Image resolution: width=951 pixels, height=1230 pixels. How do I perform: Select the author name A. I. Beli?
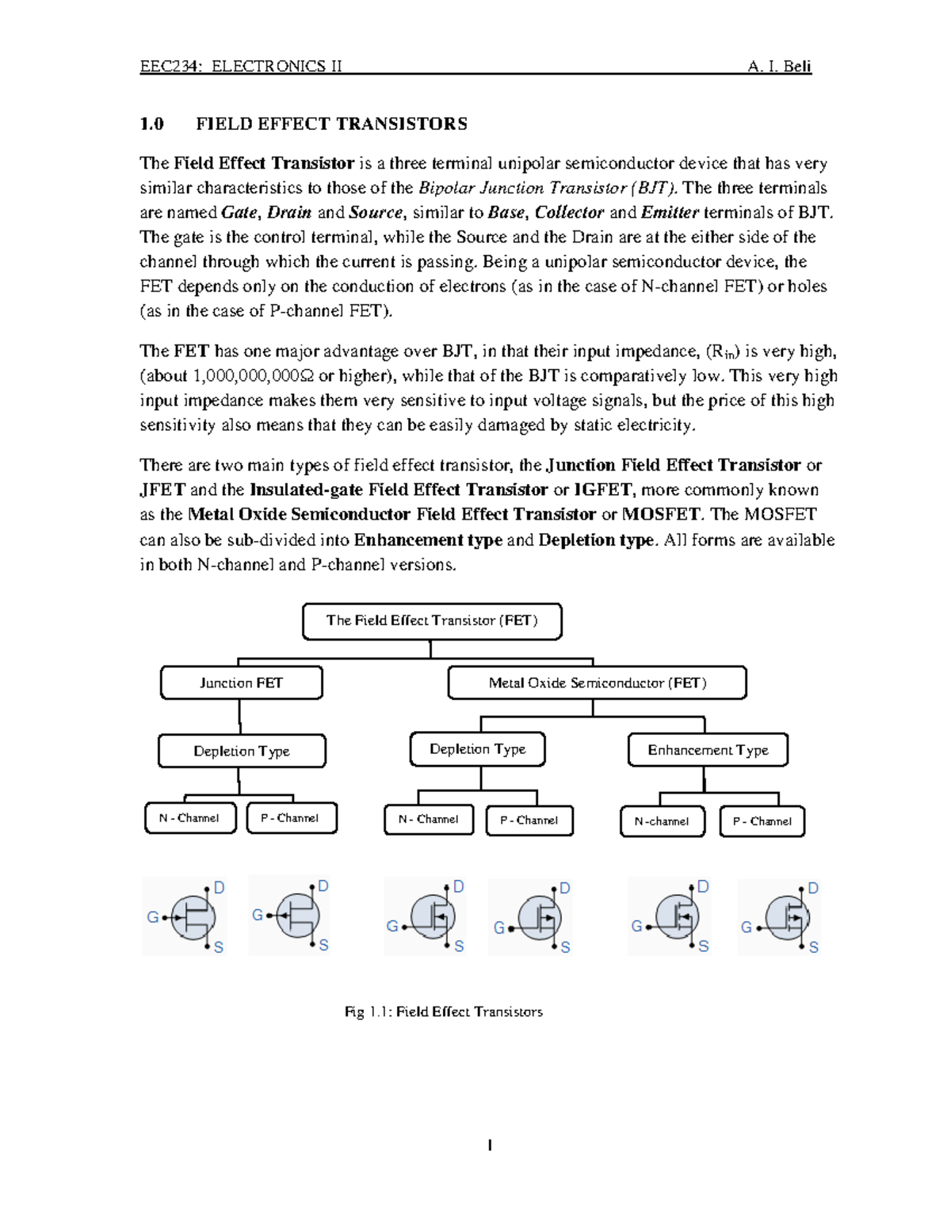(779, 66)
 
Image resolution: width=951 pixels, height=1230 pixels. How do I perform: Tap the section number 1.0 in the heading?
(151, 124)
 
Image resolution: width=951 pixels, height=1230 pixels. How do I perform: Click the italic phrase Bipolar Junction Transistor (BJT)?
(548, 188)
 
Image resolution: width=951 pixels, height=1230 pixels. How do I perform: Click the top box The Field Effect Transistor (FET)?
(432, 621)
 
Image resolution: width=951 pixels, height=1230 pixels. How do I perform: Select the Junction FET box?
(241, 683)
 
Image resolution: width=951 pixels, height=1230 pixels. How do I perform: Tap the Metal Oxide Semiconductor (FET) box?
(597, 683)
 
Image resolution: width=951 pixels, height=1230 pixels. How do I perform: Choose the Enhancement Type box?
(708, 750)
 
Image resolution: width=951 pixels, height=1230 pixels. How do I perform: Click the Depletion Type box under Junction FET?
(242, 751)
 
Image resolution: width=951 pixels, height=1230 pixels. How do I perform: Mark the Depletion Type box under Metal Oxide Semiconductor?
(477, 749)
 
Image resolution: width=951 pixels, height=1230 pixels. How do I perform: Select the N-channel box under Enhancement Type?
(662, 821)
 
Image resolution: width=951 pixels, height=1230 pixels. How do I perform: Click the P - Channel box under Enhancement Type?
(762, 821)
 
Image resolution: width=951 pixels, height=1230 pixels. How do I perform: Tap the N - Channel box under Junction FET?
(189, 818)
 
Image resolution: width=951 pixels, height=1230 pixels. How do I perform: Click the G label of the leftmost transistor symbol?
(152, 917)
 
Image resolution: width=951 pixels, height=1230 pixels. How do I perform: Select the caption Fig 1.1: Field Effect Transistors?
(444, 1011)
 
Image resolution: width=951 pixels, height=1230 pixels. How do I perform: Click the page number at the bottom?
(490, 1144)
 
